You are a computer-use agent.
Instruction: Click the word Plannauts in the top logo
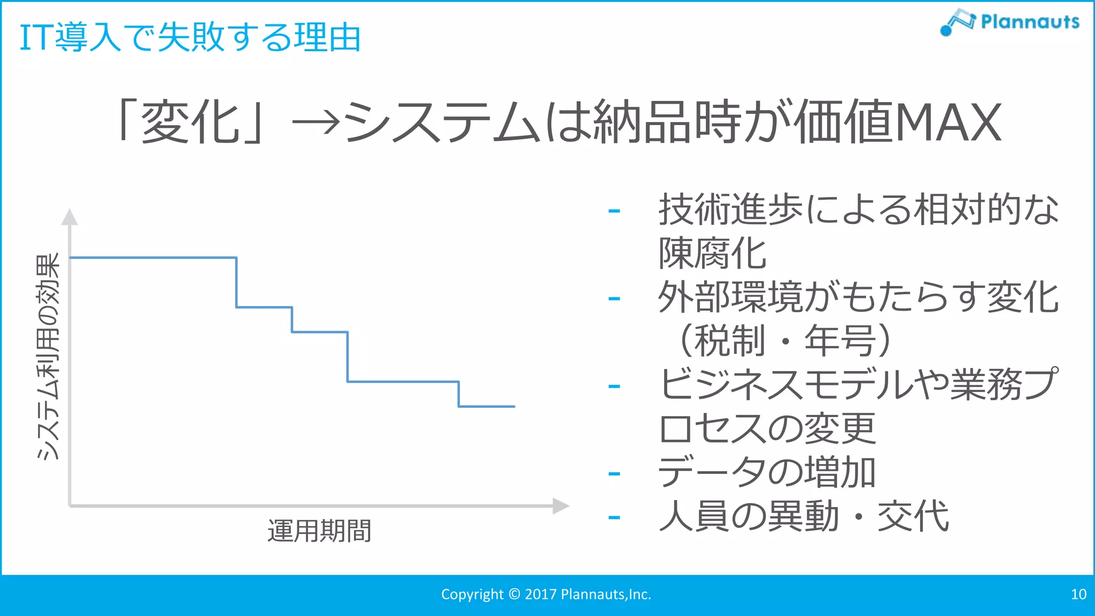point(1030,22)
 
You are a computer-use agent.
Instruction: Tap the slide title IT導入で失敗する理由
point(190,37)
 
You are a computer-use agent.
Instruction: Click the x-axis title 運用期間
point(319,531)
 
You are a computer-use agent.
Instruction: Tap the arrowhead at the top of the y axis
point(70,217)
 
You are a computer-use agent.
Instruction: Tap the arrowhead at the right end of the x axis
point(560,505)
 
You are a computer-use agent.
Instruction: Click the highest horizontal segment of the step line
point(153,258)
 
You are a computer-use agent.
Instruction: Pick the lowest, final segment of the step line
point(487,406)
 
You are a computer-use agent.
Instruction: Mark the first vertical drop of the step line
point(236,282)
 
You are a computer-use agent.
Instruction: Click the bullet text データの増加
point(766,473)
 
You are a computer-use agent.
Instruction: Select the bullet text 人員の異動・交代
point(804,517)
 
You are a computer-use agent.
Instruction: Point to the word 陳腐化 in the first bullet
point(713,253)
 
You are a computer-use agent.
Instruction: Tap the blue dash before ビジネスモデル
point(614,386)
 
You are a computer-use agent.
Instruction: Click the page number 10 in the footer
point(1078,594)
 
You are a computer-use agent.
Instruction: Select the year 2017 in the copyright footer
point(541,594)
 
